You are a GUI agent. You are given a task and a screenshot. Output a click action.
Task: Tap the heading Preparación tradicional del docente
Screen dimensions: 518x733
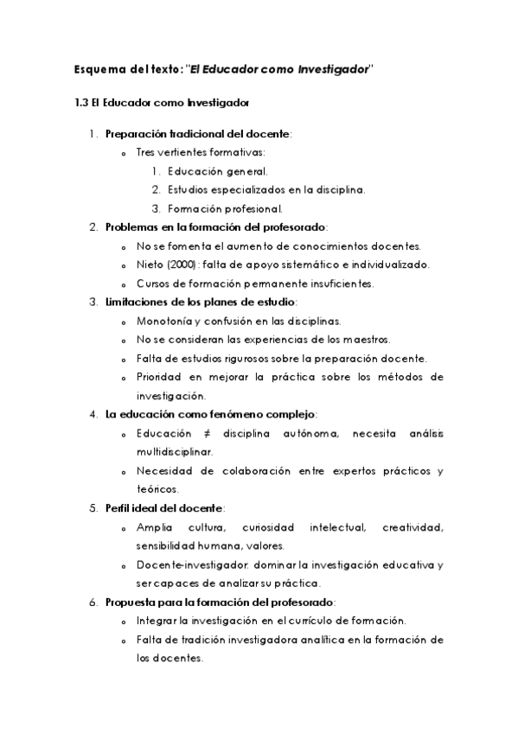click(198, 134)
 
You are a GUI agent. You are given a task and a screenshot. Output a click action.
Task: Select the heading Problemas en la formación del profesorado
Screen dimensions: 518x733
click(215, 227)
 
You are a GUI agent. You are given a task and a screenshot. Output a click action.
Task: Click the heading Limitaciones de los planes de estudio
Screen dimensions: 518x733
click(200, 302)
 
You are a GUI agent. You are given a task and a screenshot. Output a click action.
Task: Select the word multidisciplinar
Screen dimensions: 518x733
click(173, 451)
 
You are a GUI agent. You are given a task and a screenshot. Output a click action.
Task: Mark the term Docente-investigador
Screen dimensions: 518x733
click(181, 564)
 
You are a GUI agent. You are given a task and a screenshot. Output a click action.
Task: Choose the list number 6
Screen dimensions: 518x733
click(93, 602)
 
